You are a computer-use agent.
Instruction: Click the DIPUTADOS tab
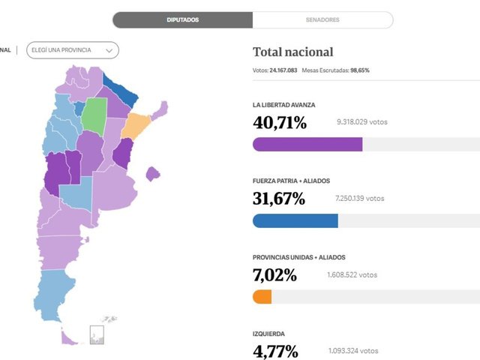pos(182,20)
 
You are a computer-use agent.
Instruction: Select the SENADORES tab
pos(322,20)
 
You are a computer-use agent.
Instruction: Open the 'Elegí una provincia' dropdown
pos(72,50)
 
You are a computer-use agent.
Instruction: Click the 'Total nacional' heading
pos(292,52)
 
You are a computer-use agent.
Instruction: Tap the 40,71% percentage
pos(279,123)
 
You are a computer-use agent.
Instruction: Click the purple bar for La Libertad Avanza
pos(307,144)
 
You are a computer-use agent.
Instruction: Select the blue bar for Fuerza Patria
pos(295,220)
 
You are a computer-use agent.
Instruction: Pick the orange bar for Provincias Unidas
pos(262,297)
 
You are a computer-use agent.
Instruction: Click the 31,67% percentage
pos(279,199)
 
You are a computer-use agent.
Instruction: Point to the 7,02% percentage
pos(274,276)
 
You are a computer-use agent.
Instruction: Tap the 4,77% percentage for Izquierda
pos(274,352)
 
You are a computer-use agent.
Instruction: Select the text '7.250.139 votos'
pos(360,199)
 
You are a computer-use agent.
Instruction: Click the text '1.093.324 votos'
pos(353,350)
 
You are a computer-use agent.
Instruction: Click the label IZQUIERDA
pos(268,333)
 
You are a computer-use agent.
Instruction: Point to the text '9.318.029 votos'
pos(363,122)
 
